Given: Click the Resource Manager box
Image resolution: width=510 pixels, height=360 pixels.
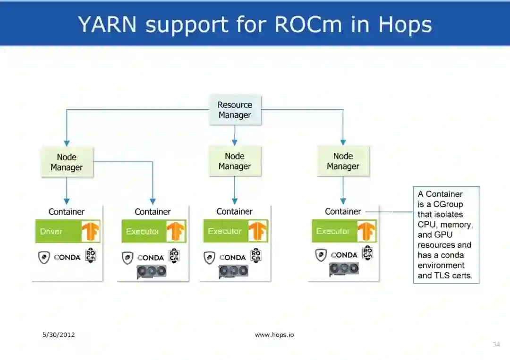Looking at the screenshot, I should (235, 110).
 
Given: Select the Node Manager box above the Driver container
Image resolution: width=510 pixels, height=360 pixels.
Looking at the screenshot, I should (67, 162).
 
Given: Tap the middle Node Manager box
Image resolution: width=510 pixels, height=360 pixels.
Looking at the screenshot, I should (235, 161).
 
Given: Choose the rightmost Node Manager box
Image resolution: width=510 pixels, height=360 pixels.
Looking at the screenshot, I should (343, 161).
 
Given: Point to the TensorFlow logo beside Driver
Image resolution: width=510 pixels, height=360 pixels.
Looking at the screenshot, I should (91, 231).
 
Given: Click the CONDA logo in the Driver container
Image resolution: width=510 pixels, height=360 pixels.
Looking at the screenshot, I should (67, 258).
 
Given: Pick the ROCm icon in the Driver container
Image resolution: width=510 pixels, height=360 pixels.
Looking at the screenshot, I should (91, 255).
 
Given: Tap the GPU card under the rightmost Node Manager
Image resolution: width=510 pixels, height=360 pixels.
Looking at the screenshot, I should (344, 269).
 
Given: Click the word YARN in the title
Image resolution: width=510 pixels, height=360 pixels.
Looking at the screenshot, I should (107, 24).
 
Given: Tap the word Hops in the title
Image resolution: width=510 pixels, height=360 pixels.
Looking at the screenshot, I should (405, 24).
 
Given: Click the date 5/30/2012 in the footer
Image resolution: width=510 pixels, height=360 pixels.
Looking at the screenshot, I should (59, 335).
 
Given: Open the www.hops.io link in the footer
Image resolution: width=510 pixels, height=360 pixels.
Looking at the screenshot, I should (274, 335).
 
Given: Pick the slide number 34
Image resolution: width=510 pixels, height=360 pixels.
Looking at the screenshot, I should (496, 344).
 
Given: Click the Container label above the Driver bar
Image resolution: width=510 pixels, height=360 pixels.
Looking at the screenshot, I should (67, 212).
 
